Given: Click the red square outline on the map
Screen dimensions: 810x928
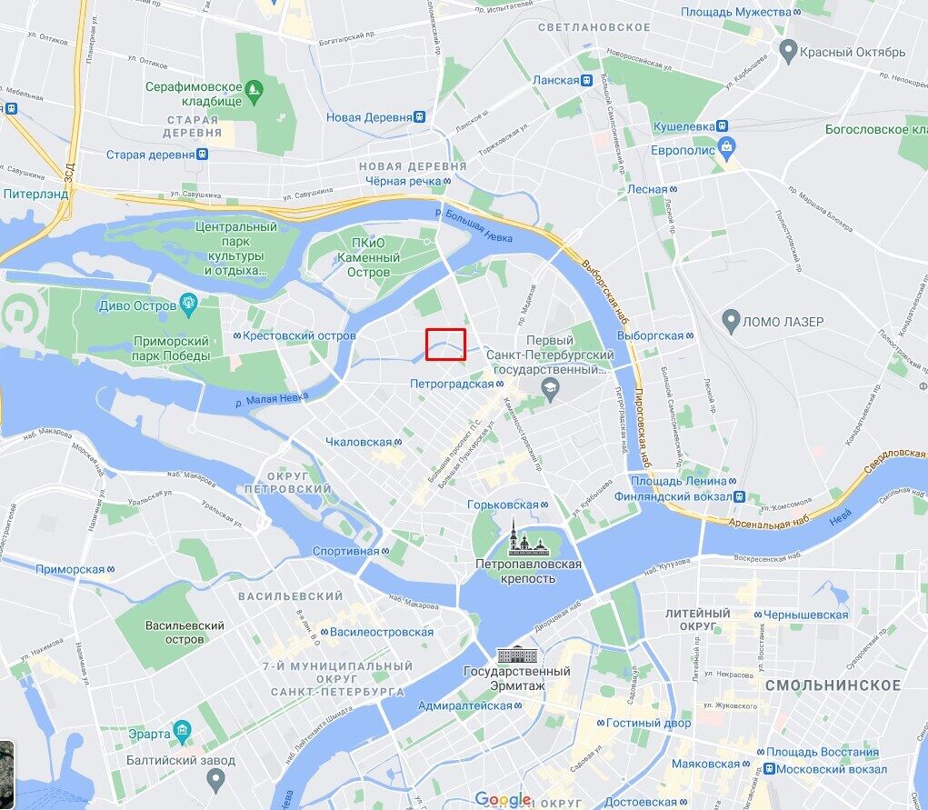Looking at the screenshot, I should click(x=446, y=345).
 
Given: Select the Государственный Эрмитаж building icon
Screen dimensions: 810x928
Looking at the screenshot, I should click(x=515, y=654).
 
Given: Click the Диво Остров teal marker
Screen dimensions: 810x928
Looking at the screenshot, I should click(x=189, y=303).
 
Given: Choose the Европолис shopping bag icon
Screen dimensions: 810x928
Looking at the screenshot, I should click(x=725, y=146).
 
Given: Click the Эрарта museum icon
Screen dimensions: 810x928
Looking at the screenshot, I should click(x=182, y=731).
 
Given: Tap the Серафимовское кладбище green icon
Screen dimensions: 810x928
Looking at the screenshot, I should click(x=254, y=89).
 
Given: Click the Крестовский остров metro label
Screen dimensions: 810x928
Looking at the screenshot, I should click(x=294, y=335).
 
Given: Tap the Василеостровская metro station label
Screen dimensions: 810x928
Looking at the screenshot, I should click(x=380, y=632).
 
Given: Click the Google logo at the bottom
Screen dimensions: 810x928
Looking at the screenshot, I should click(x=503, y=799).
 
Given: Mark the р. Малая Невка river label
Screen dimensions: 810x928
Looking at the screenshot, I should click(x=272, y=396).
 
